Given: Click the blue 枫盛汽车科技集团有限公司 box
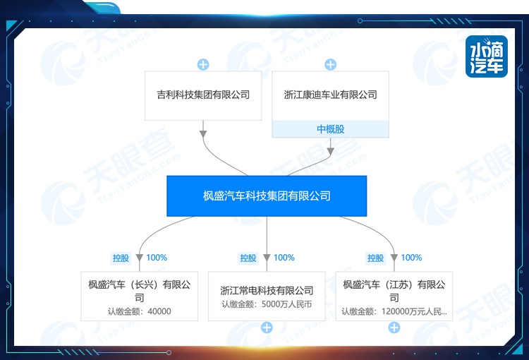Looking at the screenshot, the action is (x=267, y=196).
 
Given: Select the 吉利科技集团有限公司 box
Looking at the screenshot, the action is (x=203, y=95).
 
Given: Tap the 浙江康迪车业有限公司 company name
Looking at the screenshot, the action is (x=330, y=95).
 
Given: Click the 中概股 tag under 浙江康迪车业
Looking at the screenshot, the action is (x=330, y=129).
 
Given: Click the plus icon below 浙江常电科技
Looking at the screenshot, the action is (x=267, y=328).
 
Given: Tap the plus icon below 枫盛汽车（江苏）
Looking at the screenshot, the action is (x=394, y=328).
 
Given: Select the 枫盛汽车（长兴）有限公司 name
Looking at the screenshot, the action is (x=140, y=291).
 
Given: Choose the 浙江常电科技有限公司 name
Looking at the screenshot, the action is (x=267, y=290).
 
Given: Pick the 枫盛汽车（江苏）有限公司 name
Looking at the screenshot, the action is (x=394, y=291).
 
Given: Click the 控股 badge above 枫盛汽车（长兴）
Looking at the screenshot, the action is (x=121, y=258).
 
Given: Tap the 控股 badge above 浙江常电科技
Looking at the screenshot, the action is (x=248, y=258).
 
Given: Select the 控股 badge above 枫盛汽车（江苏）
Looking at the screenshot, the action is (x=375, y=258).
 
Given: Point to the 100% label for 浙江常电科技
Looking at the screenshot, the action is (x=284, y=258).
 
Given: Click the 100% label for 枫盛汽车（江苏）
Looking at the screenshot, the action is (x=411, y=258).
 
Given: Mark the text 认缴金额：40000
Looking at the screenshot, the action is (x=140, y=311).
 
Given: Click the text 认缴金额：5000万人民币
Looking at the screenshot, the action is (x=267, y=305).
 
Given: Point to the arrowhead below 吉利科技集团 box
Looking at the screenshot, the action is (x=203, y=132).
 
